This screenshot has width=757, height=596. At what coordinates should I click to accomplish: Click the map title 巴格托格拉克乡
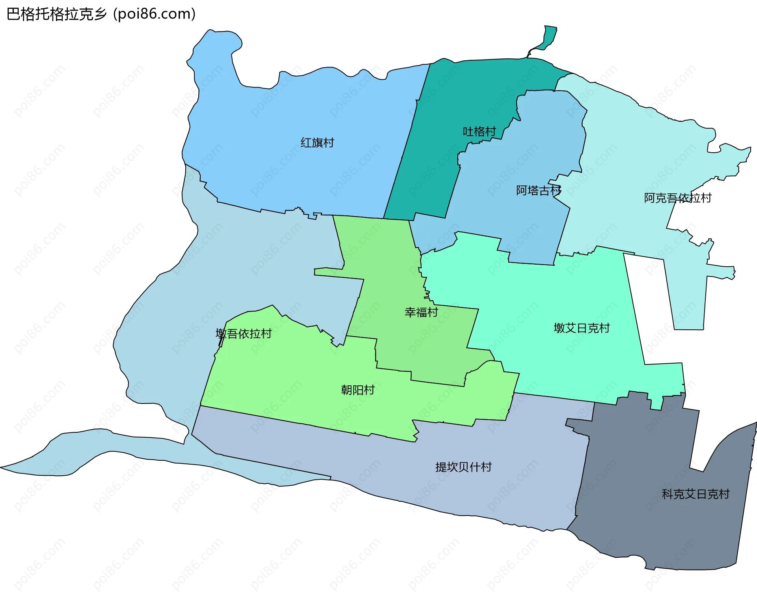[x=57, y=14]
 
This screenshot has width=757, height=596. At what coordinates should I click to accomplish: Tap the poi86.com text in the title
[x=154, y=14]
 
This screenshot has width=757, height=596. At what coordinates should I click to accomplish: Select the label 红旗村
[x=317, y=142]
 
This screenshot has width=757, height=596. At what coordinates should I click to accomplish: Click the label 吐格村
[x=479, y=131]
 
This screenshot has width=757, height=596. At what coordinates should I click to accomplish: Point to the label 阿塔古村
[x=539, y=191]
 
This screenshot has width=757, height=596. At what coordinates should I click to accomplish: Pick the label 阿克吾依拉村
[x=677, y=198]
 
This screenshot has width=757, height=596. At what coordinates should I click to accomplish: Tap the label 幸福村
[x=421, y=312]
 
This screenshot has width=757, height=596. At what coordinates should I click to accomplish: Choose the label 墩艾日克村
[x=582, y=328]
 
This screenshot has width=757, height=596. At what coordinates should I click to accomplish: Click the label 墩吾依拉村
[x=244, y=334]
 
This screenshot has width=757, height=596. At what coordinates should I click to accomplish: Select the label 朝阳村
[x=358, y=390]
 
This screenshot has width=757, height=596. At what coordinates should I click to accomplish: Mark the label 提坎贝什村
[x=463, y=467]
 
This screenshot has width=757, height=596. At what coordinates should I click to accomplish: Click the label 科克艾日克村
[x=695, y=494]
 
